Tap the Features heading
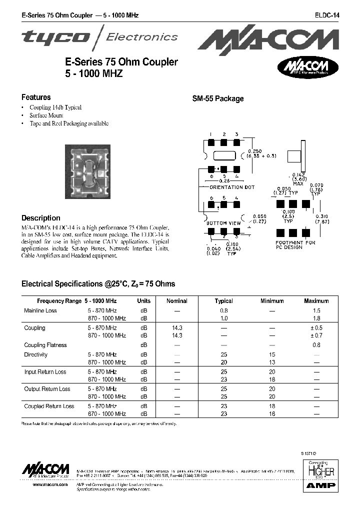36,97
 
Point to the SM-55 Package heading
218,99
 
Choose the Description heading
40,218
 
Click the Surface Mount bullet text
46,115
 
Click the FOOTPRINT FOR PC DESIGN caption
295,245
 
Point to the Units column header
144,301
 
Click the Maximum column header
316,301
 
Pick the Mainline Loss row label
40,311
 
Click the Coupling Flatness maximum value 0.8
316,345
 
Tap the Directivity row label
36,355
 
